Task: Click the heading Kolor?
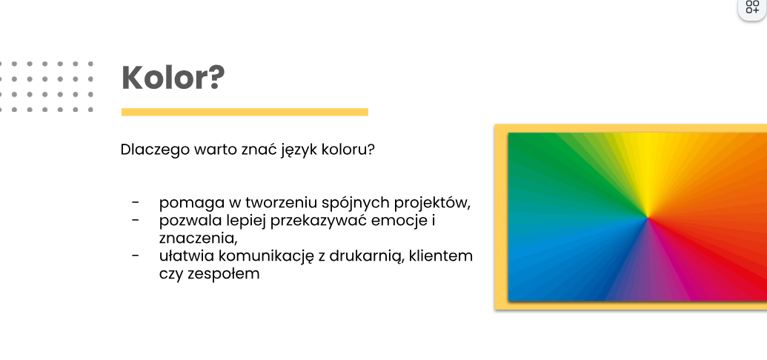click(173, 77)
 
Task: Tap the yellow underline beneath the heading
click(245, 112)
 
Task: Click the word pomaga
click(186, 203)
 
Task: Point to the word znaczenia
click(196, 239)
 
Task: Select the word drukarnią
click(365, 256)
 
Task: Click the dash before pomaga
click(136, 202)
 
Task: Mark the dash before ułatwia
click(136, 256)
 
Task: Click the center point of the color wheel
click(648, 217)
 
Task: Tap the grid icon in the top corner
click(753, 7)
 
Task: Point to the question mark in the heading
click(216, 77)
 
